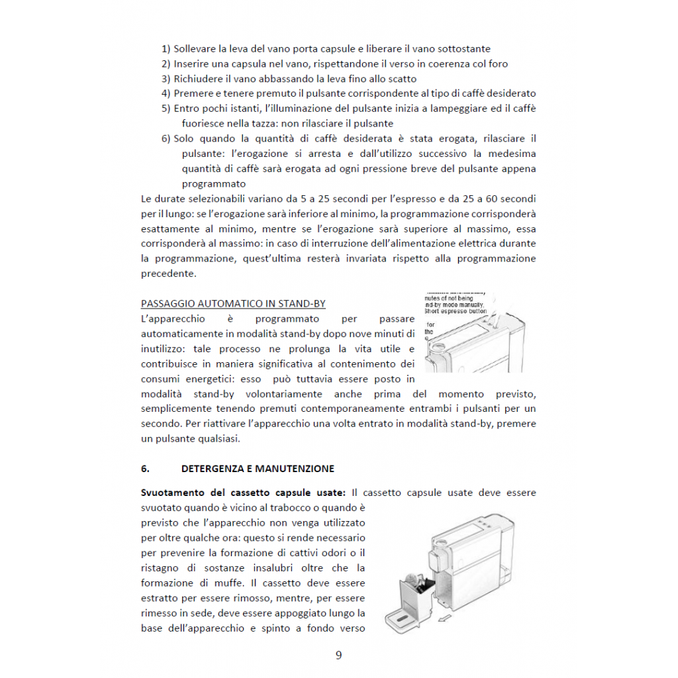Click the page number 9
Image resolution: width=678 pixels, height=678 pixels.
click(x=338, y=655)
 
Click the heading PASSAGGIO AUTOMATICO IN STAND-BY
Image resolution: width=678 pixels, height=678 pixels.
click(x=233, y=304)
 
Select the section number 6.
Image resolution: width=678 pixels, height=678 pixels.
click(x=145, y=469)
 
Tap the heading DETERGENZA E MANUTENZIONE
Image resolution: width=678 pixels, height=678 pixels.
click(x=258, y=469)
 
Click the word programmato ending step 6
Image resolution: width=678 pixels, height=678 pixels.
click(x=214, y=183)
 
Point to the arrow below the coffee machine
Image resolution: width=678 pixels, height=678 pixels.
click(x=448, y=618)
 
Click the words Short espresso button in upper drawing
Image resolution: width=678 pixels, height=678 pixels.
click(x=456, y=311)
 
